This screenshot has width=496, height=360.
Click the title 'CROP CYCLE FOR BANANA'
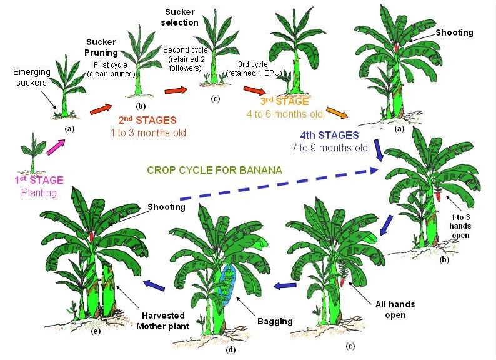pos(214,170)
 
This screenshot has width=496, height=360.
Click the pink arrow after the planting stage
pos(56,147)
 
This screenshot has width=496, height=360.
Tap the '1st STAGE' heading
pos(39,180)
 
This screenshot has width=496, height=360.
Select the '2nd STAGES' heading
pos(147,120)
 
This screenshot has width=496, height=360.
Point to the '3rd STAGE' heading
pos(284,101)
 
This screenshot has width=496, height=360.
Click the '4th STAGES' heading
pos(329,135)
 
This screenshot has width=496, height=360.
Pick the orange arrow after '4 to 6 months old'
pos(337,112)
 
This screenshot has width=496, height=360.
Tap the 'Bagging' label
pos(275,321)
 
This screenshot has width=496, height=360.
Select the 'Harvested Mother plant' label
pos(163,321)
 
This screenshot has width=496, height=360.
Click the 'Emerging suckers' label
pos(32,77)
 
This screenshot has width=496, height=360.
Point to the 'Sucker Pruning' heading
pos(102,47)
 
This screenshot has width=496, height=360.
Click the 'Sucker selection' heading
pos(180,17)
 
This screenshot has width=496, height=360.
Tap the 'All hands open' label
pos(395,309)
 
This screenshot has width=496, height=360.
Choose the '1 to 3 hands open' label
pos(460,226)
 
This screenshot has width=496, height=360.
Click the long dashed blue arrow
pos(279,185)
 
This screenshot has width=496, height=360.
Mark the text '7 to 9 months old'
pos(330,148)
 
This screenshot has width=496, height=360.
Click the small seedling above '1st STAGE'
pos(32,153)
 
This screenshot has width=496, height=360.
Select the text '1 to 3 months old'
pos(148,132)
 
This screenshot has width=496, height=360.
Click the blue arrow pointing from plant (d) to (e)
pos(155,285)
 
